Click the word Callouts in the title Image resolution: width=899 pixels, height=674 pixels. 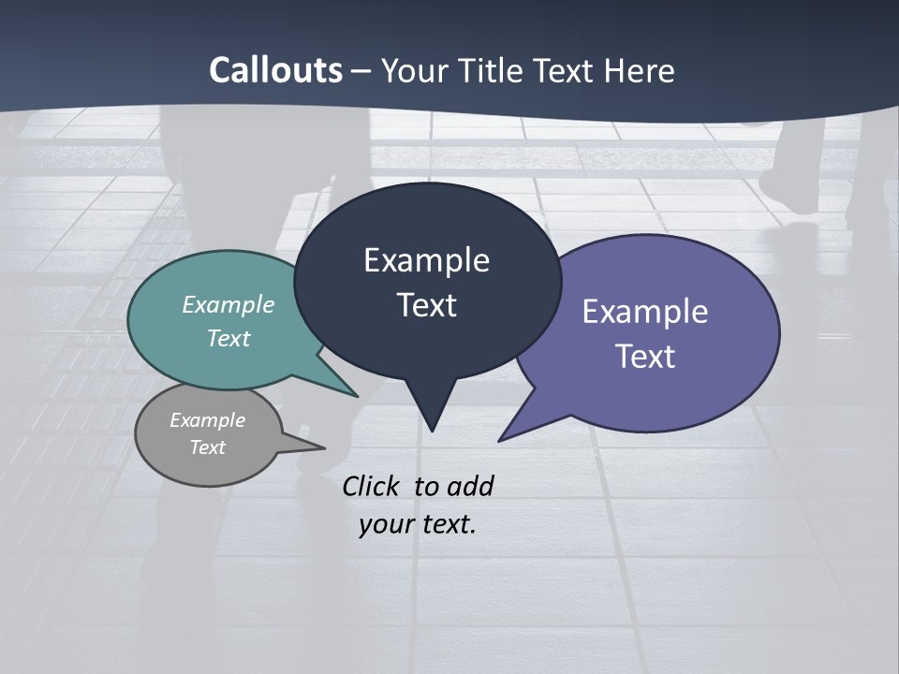click(x=275, y=70)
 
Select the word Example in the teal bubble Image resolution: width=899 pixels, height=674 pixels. click(x=228, y=304)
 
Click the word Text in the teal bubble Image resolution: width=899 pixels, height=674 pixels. click(x=228, y=338)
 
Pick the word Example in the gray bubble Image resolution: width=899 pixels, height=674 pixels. click(x=207, y=420)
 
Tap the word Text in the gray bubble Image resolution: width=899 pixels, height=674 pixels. click(x=207, y=447)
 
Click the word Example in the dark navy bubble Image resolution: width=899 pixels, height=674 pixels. click(x=426, y=260)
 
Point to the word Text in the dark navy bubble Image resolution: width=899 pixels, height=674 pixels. click(x=426, y=305)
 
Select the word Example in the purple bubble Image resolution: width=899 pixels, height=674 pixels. click(x=645, y=311)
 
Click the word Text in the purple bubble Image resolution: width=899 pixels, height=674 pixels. click(x=645, y=356)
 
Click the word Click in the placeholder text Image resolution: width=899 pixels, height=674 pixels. click(x=373, y=486)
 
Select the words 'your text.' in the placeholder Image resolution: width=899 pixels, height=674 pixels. click(x=418, y=524)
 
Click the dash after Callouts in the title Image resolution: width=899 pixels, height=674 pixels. click(x=361, y=71)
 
